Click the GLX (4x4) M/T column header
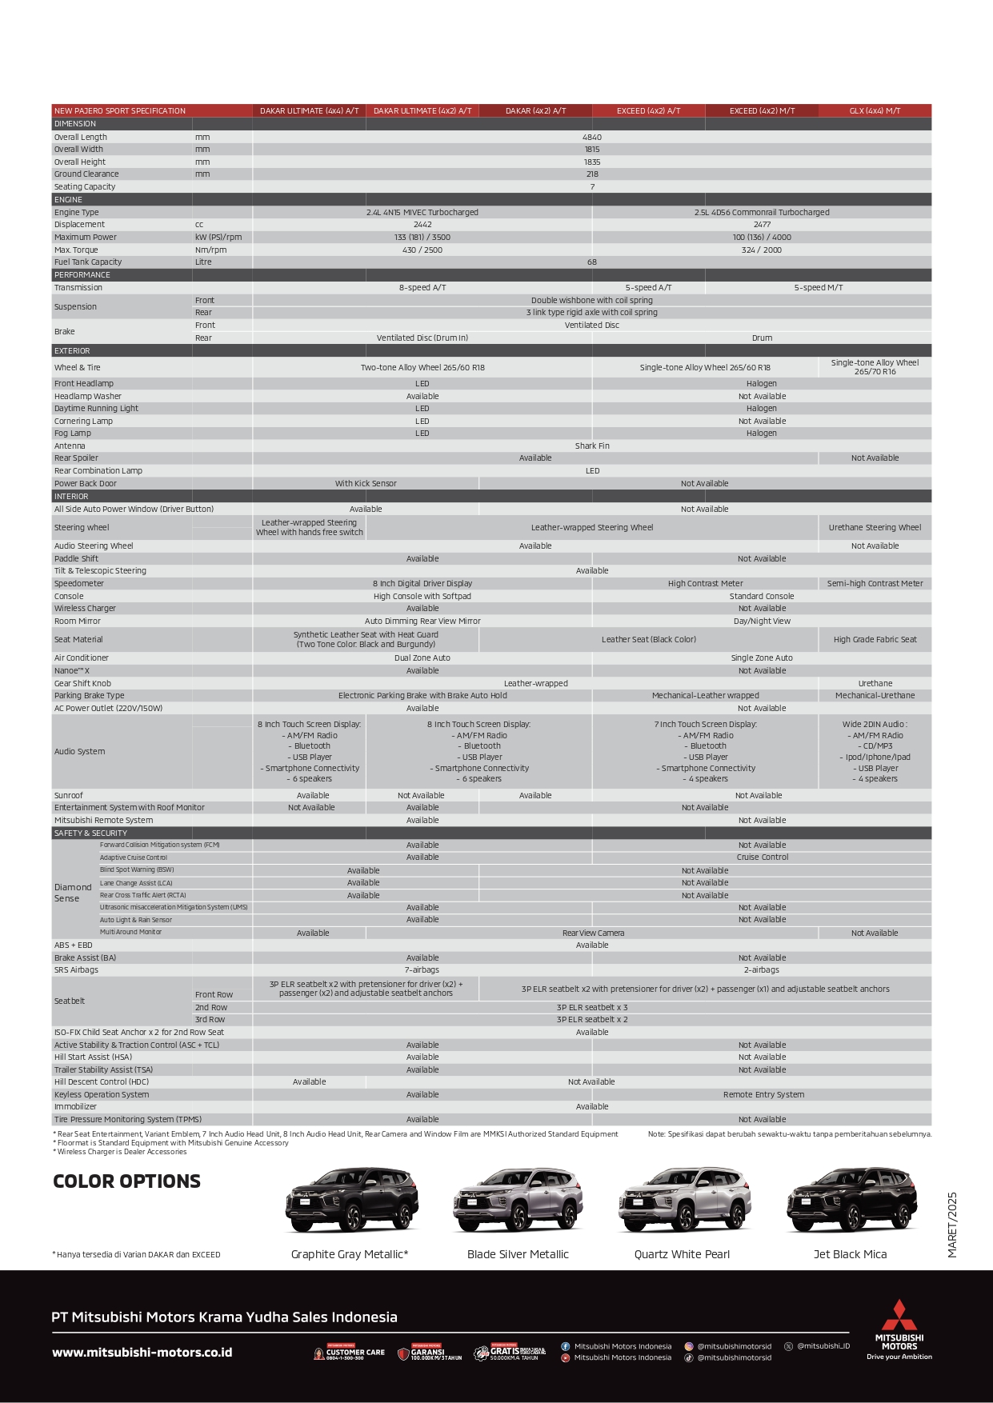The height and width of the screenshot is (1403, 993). pos(875,111)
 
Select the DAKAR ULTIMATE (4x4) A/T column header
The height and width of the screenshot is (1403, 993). pos(309,111)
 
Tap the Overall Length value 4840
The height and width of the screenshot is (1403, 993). pos(592,138)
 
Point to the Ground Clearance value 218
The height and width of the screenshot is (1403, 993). pos(592,174)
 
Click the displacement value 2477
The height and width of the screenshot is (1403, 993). pos(762,225)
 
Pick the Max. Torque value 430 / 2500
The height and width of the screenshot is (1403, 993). pos(422,250)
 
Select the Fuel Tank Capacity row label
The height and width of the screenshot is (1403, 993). pos(88,262)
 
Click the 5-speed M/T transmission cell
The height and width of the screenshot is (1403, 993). pos(818,288)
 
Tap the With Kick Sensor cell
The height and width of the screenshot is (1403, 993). pos(366,484)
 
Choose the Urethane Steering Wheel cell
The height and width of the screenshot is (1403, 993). pos(875,528)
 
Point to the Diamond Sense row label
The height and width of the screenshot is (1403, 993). pos(73,893)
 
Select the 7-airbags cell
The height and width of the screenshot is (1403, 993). pos(422,970)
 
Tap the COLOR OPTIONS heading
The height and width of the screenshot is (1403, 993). pos(126,1181)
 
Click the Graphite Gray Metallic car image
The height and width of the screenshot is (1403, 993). pos(351,1200)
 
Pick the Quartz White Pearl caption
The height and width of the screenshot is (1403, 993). pos(682,1254)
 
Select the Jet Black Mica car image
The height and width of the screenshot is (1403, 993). pos(851,1200)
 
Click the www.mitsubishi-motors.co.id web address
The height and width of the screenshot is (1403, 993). pos(142,1353)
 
